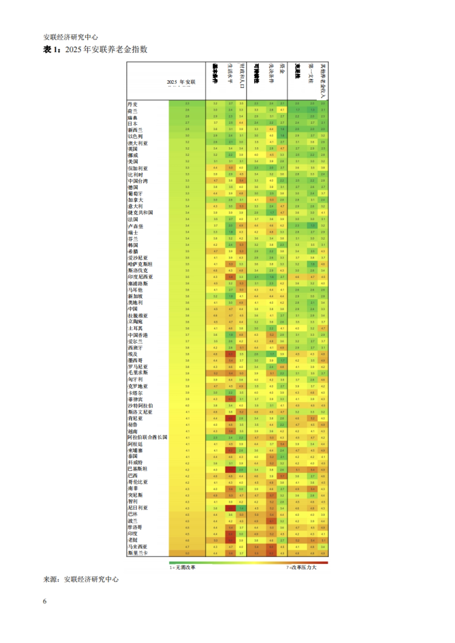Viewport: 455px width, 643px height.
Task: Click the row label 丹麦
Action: [133, 104]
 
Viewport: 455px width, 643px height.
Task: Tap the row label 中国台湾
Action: [138, 181]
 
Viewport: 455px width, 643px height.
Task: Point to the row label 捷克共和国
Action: [140, 213]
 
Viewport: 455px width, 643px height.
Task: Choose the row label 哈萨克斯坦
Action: [140, 264]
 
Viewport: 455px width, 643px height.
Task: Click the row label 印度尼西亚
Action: [140, 277]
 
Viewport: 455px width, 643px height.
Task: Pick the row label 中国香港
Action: [138, 335]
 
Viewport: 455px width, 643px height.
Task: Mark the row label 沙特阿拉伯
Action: [140, 406]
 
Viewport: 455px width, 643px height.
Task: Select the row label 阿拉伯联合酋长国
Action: [147, 437]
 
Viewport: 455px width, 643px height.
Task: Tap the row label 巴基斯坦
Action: [137, 469]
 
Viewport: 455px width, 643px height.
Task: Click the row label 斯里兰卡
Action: [138, 553]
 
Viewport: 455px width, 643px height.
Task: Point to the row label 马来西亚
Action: [137, 547]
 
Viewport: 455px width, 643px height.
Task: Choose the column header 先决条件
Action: [271, 73]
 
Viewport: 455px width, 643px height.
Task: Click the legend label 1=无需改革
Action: [182, 567]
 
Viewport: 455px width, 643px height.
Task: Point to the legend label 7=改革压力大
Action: [301, 567]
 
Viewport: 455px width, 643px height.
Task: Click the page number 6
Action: [45, 601]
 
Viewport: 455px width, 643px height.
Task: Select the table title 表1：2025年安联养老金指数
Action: [95, 50]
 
